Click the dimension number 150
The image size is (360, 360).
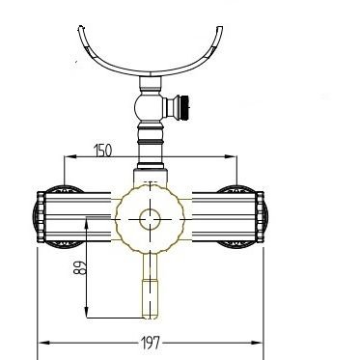pyautogui.click(x=103, y=151)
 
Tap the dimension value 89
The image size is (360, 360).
pyautogui.click(x=80, y=267)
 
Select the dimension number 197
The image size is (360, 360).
pyautogui.click(x=151, y=343)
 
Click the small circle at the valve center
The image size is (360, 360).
pyautogui.click(x=150, y=219)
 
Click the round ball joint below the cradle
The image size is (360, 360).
pyautogui.click(x=148, y=107)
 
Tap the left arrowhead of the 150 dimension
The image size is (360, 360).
pyautogui.click(x=69, y=157)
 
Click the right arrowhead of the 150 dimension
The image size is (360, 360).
pyautogui.click(x=231, y=157)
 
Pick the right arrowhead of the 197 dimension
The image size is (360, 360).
pyautogui.click(x=258, y=343)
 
